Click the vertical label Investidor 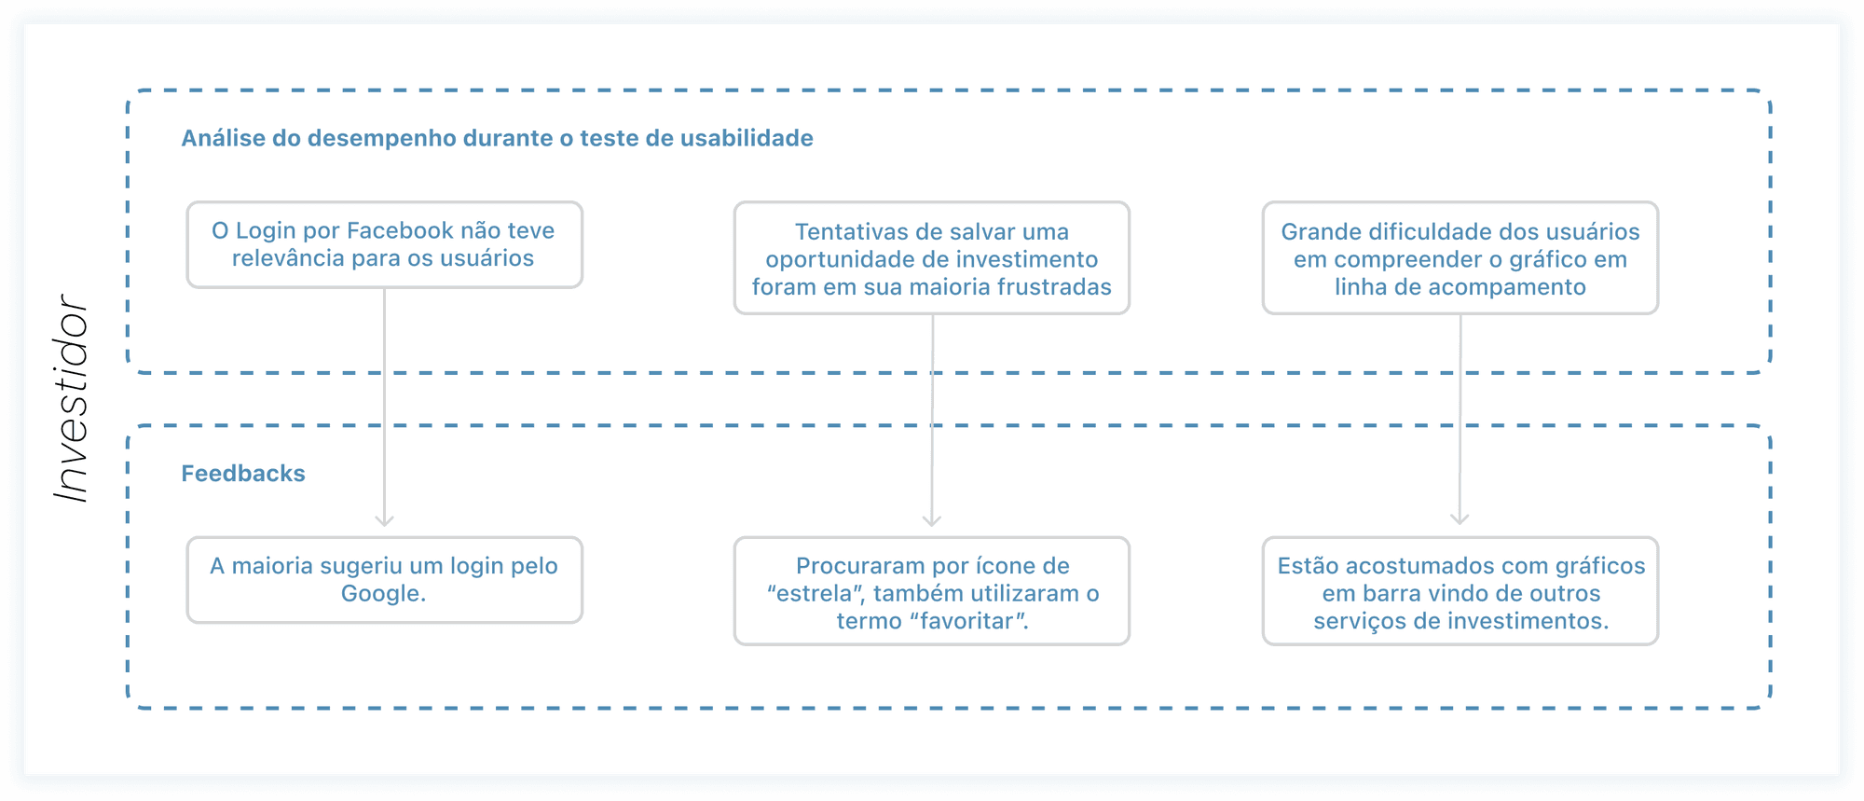pos(72,399)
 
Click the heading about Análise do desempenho pos(497,138)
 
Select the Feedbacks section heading pos(242,474)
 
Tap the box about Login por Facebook pos(384,244)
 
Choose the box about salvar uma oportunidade pos(931,258)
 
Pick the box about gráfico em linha pos(1460,258)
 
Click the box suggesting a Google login pos(384,579)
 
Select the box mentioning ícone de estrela pos(931,591)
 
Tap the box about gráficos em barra pos(1460,591)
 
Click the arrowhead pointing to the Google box pos(384,519)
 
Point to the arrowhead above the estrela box pos(931,519)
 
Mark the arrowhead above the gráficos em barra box pos(1460,518)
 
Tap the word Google pos(382,594)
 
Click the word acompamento pos(1506,287)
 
